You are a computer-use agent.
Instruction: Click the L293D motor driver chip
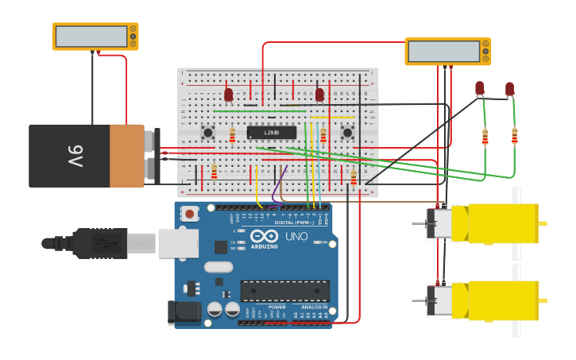click(271, 132)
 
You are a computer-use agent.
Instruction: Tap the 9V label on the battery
click(75, 156)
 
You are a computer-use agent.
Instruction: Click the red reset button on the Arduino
click(190, 213)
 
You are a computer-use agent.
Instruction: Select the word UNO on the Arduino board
click(296, 236)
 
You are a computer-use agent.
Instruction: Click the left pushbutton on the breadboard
click(208, 132)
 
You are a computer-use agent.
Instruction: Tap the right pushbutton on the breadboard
click(347, 132)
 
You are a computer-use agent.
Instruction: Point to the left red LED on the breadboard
click(229, 95)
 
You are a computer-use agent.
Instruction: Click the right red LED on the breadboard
click(319, 95)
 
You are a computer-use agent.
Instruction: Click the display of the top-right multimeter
click(443, 51)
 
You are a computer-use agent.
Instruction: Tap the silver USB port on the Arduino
click(177, 242)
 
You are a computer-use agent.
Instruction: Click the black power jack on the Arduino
click(184, 312)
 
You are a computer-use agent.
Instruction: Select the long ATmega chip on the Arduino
click(284, 291)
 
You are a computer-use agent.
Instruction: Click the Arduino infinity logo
click(264, 236)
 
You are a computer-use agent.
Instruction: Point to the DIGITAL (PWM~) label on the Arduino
click(292, 222)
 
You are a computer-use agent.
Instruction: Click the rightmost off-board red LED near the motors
click(509, 89)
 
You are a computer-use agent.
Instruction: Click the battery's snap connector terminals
click(153, 156)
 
